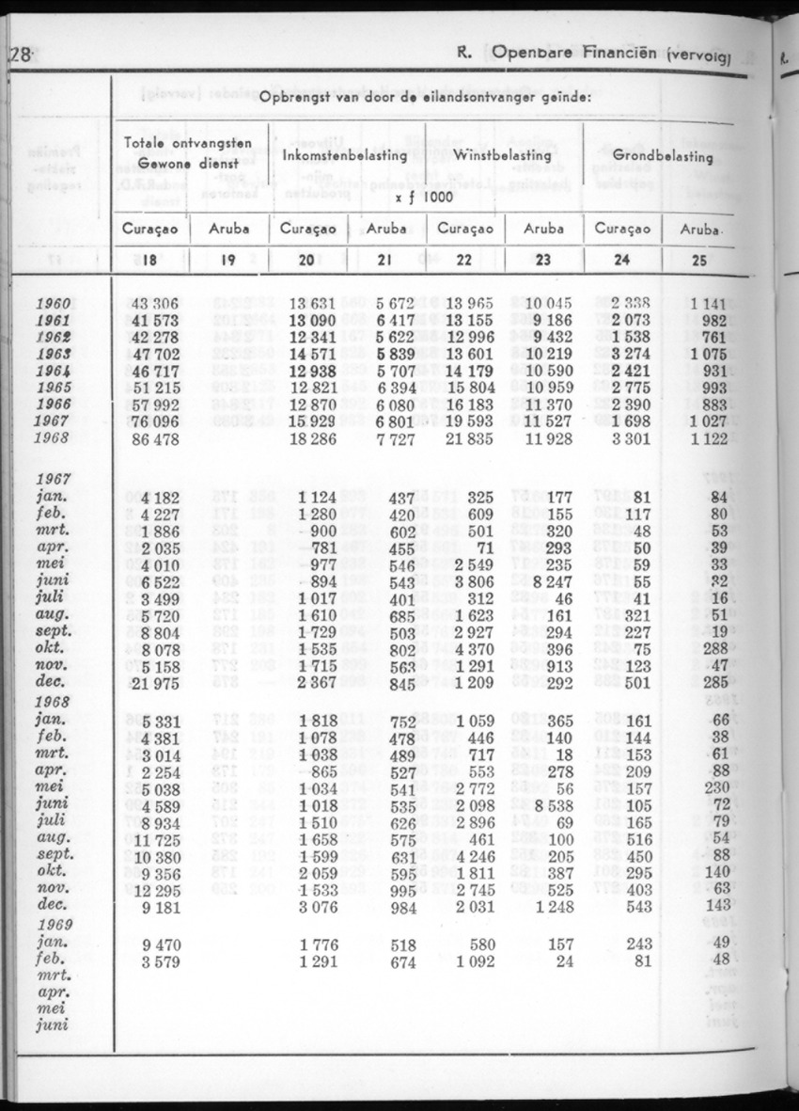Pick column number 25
(698, 262)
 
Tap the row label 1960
(54, 303)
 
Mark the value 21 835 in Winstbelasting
(483, 439)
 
